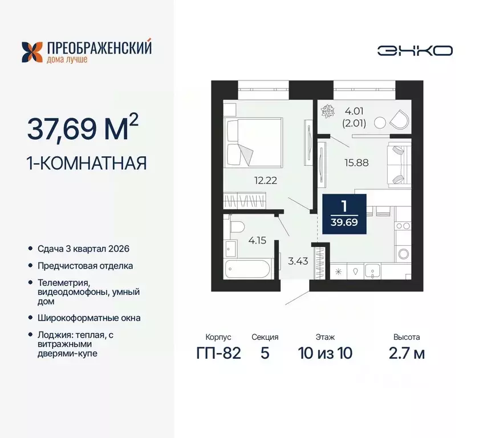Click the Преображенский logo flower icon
(33, 52)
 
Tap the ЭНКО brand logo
(415, 50)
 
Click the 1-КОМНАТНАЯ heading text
(87, 163)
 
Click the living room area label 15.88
(356, 162)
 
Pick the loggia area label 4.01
(352, 109)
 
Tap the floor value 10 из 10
(325, 353)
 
